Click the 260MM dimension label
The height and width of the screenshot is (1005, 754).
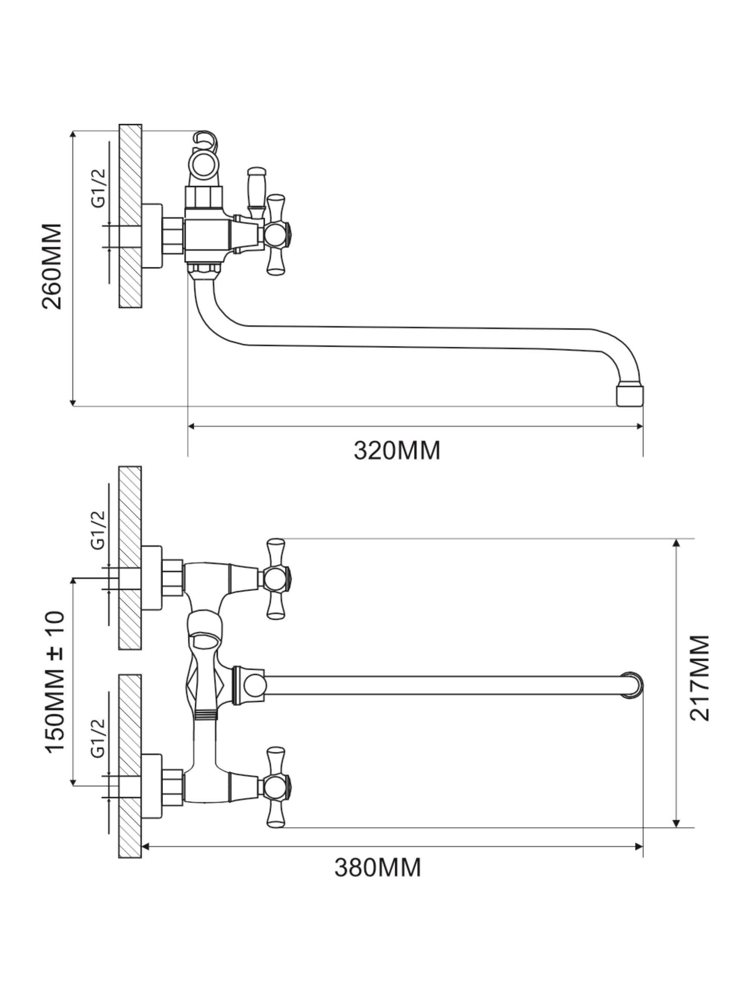point(51,266)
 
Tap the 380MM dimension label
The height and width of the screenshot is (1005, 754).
point(377,867)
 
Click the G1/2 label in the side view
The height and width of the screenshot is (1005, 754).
point(98,187)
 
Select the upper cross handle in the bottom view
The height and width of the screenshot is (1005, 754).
point(276,578)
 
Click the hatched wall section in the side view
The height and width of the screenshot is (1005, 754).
point(131,216)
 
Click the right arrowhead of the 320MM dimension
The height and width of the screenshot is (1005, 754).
point(640,426)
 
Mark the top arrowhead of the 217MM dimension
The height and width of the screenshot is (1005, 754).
point(676,543)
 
